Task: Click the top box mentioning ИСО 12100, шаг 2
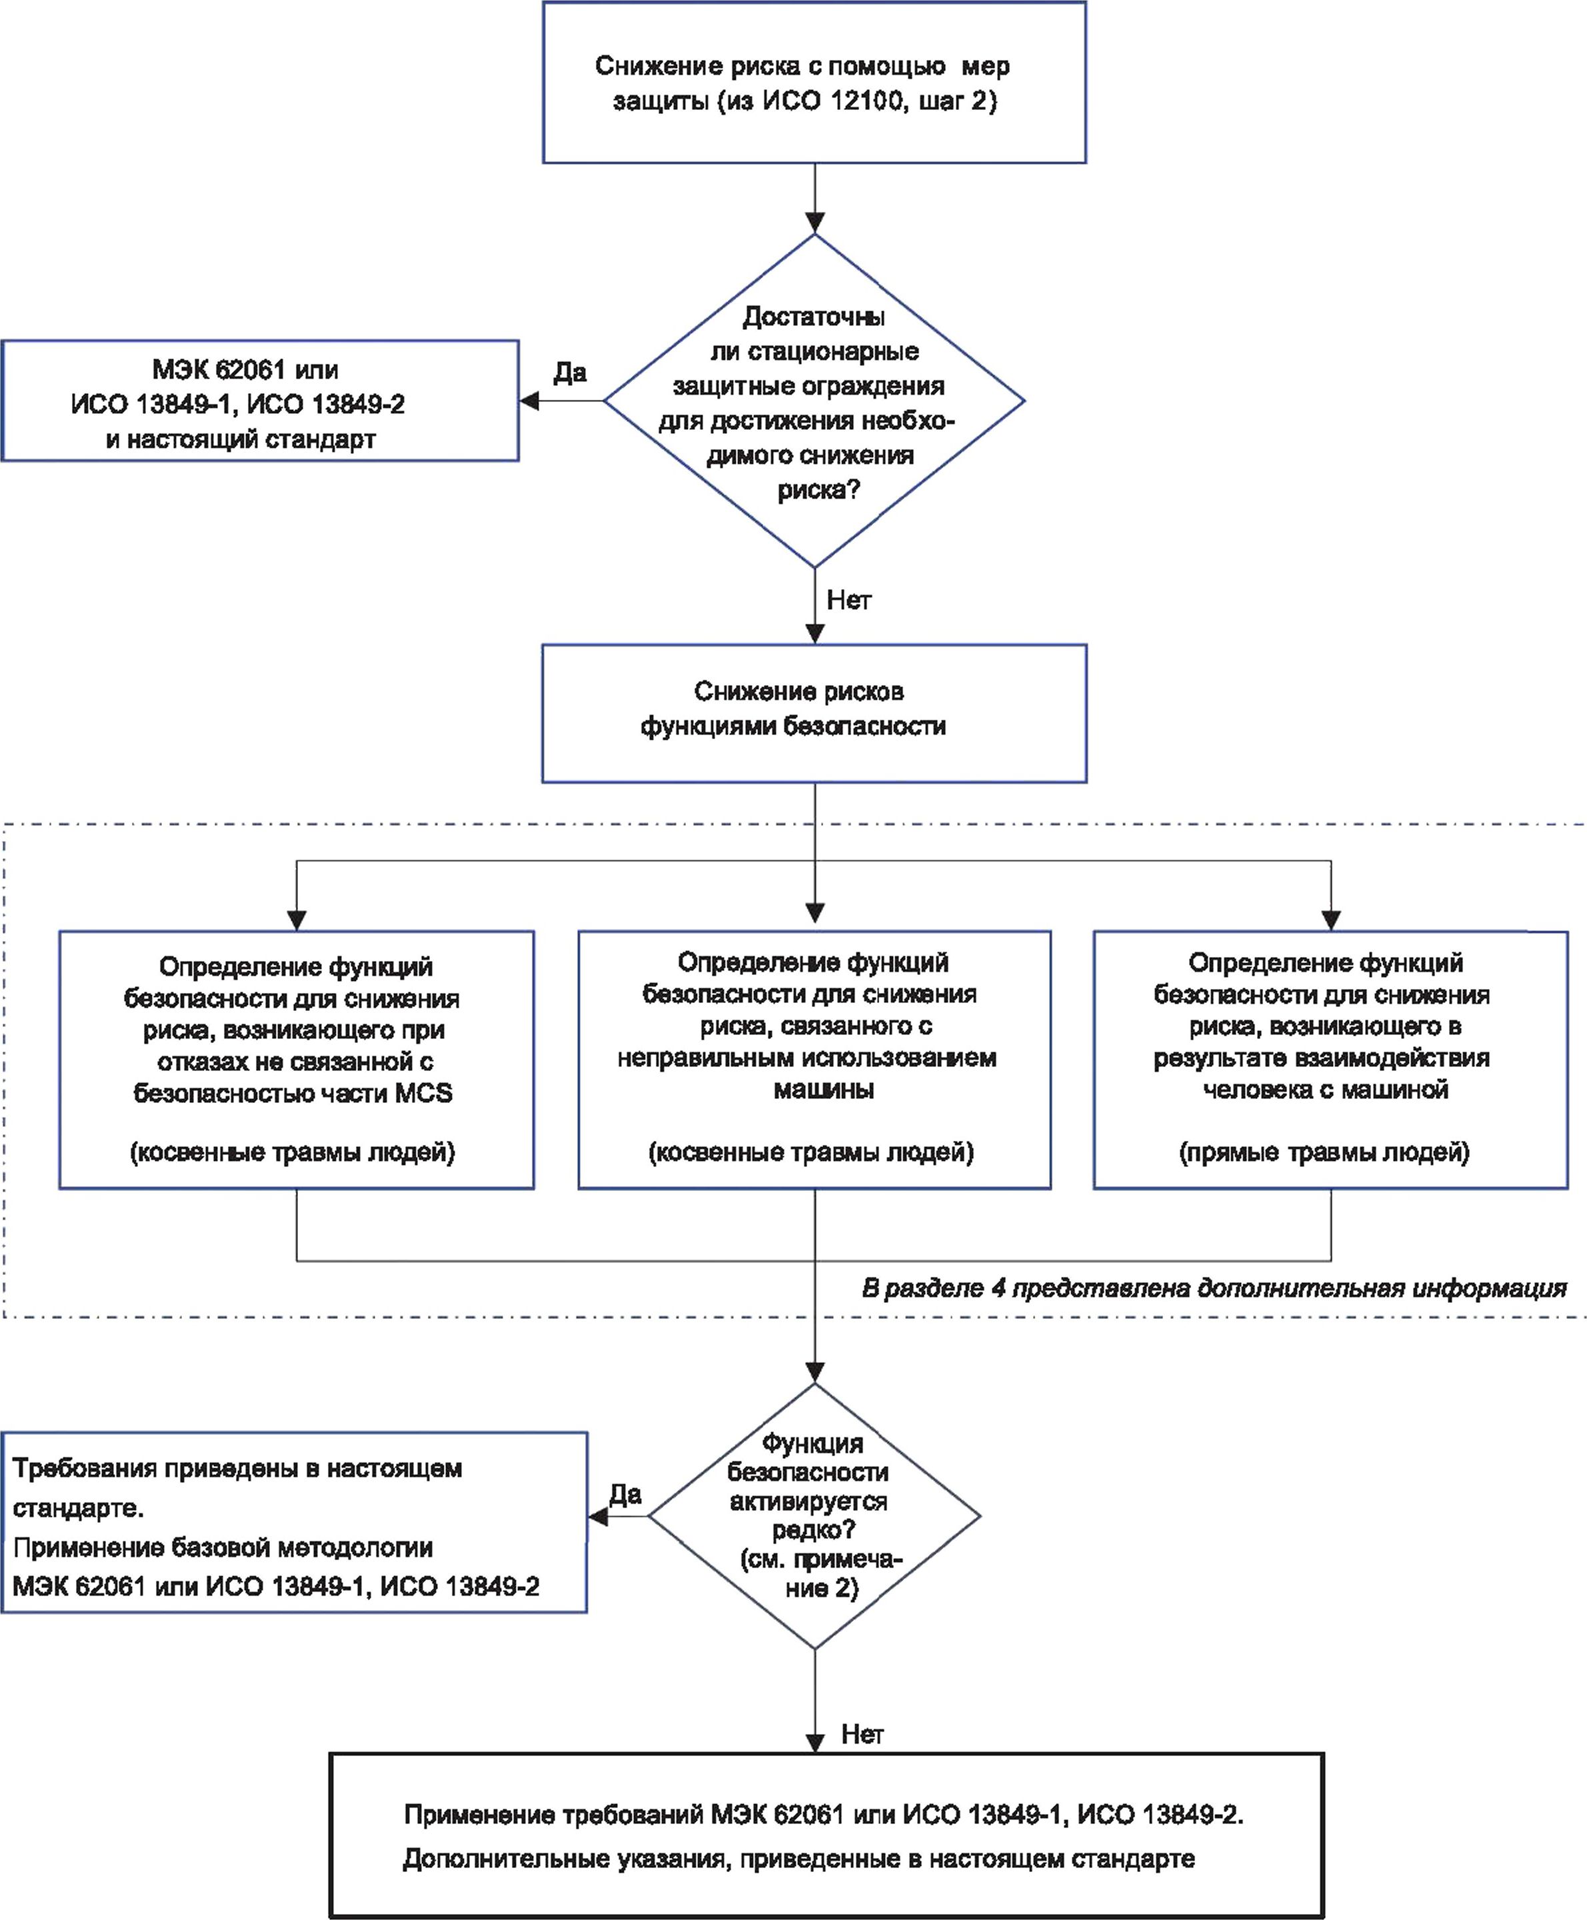point(814,82)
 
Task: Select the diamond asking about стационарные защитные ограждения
point(814,401)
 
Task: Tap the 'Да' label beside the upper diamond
point(569,372)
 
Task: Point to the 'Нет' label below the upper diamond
point(849,600)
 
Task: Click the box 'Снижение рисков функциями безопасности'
point(814,714)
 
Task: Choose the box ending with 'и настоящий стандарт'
point(261,401)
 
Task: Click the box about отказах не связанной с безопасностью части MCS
point(296,1059)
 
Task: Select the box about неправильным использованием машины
point(814,1059)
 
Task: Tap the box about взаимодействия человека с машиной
point(1331,1059)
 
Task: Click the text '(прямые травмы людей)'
point(1324,1152)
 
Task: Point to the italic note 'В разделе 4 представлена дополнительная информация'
point(1214,1288)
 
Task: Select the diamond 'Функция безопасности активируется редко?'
point(814,1516)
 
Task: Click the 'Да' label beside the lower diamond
point(625,1494)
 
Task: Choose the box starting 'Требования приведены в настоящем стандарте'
point(293,1521)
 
